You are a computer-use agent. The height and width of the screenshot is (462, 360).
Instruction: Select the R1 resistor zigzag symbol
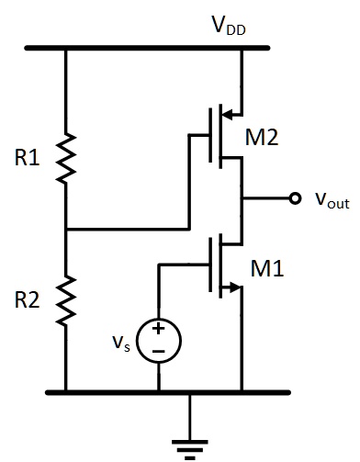(66, 158)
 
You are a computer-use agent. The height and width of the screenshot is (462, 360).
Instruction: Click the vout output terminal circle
(294, 198)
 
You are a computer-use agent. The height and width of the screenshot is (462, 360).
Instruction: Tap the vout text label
(326, 200)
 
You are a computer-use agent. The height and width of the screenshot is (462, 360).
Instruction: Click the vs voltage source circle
(159, 339)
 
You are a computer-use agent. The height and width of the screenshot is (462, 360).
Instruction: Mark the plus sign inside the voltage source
(159, 329)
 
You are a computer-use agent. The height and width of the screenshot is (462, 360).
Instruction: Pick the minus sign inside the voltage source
(159, 350)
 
